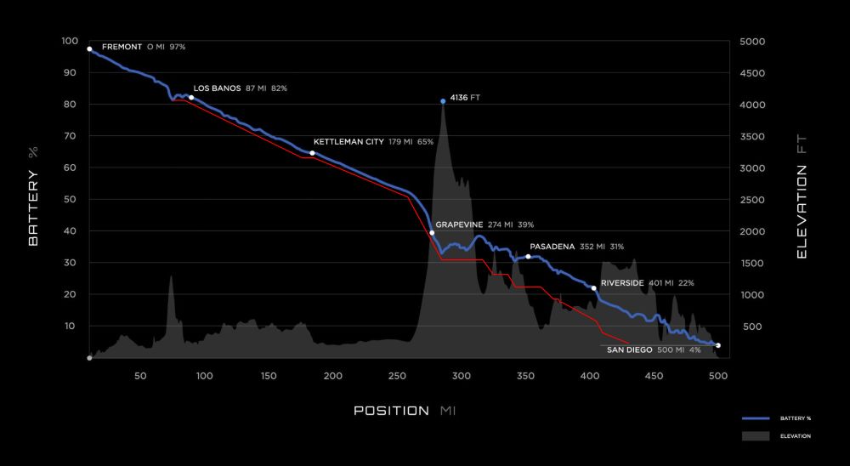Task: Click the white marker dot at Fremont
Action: click(89, 49)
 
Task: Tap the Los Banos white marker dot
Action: click(191, 98)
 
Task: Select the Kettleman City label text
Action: click(348, 142)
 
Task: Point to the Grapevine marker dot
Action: click(432, 232)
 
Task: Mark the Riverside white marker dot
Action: click(593, 288)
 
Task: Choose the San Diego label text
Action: click(630, 349)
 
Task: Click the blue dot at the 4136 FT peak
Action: click(443, 101)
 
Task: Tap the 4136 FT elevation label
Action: click(465, 99)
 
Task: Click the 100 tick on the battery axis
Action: click(70, 42)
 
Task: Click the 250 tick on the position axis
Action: click(397, 375)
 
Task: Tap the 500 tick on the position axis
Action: click(717, 375)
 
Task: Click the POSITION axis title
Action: click(392, 412)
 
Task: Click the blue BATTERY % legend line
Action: click(756, 418)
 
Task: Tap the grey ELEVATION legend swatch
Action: click(756, 435)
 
